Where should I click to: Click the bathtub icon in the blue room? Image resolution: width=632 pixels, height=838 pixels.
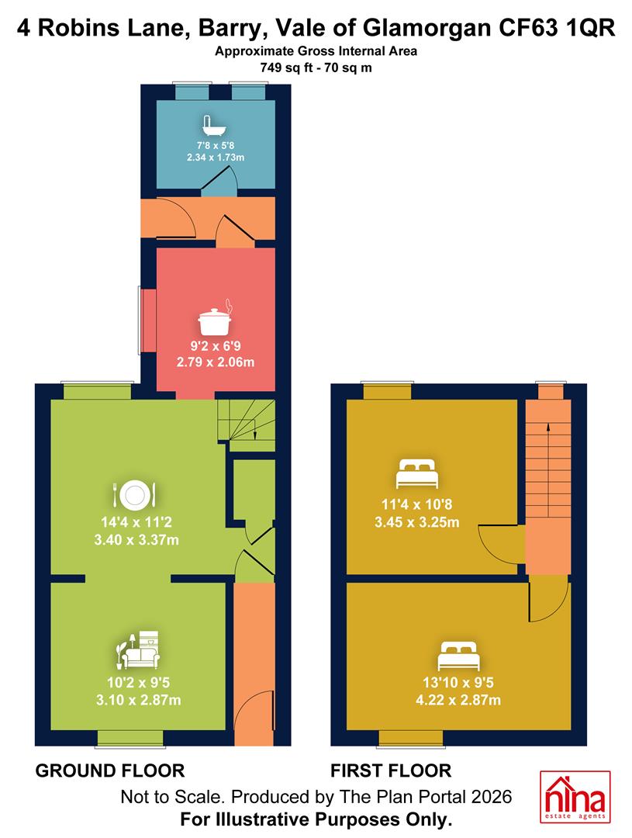tap(215, 126)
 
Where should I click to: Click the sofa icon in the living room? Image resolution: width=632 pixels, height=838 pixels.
tap(138, 650)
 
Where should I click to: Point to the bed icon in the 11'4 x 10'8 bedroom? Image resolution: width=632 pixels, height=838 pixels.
tap(416, 473)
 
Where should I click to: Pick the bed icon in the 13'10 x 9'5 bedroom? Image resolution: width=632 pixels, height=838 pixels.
tap(458, 656)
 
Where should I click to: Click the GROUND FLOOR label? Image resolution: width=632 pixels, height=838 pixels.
tap(110, 770)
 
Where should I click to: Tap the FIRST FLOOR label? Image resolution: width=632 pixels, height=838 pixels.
tap(391, 770)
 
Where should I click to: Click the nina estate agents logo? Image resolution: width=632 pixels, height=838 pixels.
tap(575, 797)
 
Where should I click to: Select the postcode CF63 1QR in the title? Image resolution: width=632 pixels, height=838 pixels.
tap(557, 28)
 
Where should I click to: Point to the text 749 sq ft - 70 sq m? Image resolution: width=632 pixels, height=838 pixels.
tap(316, 68)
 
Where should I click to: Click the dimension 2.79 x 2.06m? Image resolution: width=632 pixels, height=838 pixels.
tap(216, 362)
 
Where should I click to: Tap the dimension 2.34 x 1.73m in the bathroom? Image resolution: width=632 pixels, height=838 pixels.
tap(216, 157)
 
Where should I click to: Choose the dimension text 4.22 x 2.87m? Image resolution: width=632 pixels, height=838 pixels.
tap(458, 700)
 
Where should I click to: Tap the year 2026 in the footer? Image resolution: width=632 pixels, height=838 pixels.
tap(491, 797)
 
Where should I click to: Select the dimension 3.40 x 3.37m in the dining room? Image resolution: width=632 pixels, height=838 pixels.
tap(136, 540)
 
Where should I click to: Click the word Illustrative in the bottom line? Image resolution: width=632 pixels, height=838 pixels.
tap(263, 819)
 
